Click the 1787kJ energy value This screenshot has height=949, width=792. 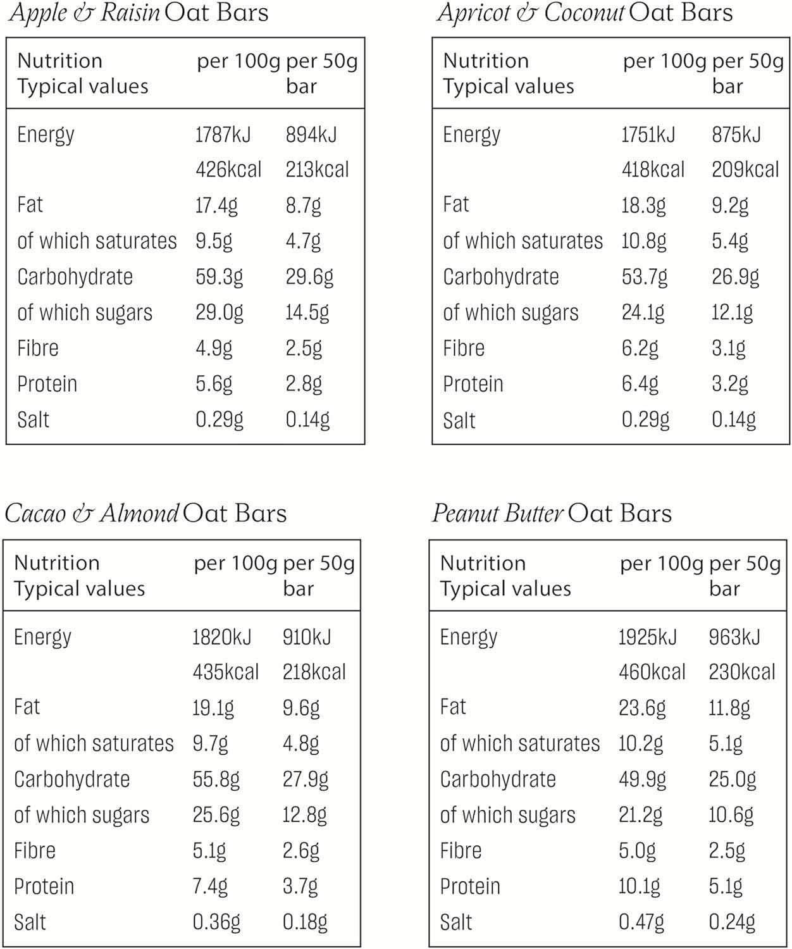click(x=223, y=135)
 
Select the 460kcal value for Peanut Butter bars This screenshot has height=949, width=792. click(x=652, y=672)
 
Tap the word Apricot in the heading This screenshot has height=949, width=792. click(x=473, y=13)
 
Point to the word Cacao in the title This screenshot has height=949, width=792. click(x=35, y=513)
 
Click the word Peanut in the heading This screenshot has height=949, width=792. click(x=466, y=513)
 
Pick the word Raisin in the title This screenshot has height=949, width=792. click(x=130, y=13)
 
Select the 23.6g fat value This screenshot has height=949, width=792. click(x=641, y=708)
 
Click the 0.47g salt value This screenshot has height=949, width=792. click(x=641, y=922)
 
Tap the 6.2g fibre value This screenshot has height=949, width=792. click(x=640, y=349)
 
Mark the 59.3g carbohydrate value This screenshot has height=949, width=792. click(x=219, y=277)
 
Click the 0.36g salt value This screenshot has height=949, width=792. click(x=216, y=922)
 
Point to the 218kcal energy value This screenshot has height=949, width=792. click(x=314, y=672)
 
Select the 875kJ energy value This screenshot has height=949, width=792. click(x=736, y=135)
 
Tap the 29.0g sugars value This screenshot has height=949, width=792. click(x=219, y=313)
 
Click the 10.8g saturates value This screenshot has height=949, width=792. click(x=643, y=242)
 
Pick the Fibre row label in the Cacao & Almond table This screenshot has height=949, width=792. click(x=35, y=851)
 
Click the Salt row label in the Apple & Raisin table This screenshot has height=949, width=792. click(x=33, y=420)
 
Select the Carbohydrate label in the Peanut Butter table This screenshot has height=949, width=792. click(x=498, y=779)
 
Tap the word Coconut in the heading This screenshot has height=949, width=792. click(x=585, y=13)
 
